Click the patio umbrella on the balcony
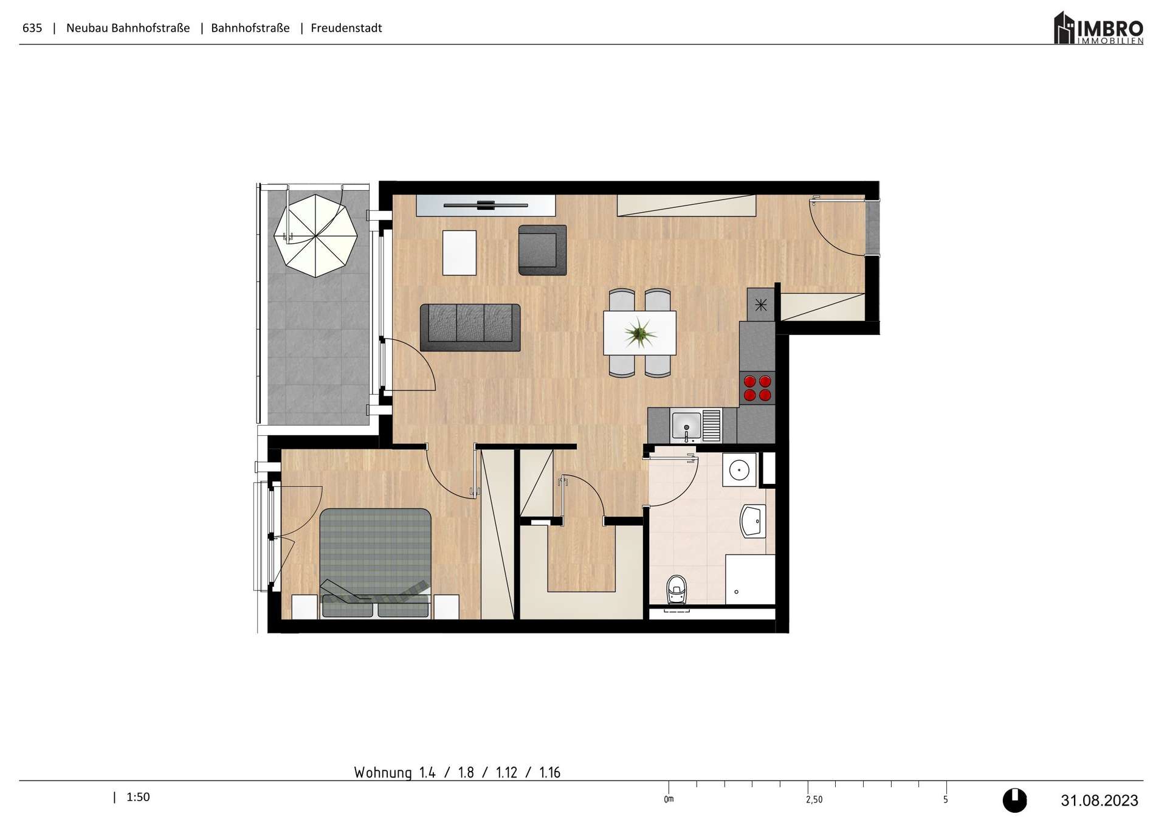tap(315, 235)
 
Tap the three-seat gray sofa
tap(470, 327)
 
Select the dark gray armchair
tap(542, 250)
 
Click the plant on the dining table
tap(640, 333)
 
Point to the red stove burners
tap(757, 388)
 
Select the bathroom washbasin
tap(753, 522)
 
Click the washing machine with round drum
tap(739, 469)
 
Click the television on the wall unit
tap(486, 205)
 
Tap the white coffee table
tap(459, 252)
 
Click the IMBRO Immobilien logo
tap(1098, 28)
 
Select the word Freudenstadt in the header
tap(346, 28)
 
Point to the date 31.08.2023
tap(1099, 801)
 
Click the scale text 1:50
tap(138, 797)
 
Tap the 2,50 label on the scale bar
tap(814, 799)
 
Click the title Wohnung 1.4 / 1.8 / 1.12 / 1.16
tap(457, 773)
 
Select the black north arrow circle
tap(1014, 800)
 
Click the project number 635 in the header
tap(32, 28)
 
